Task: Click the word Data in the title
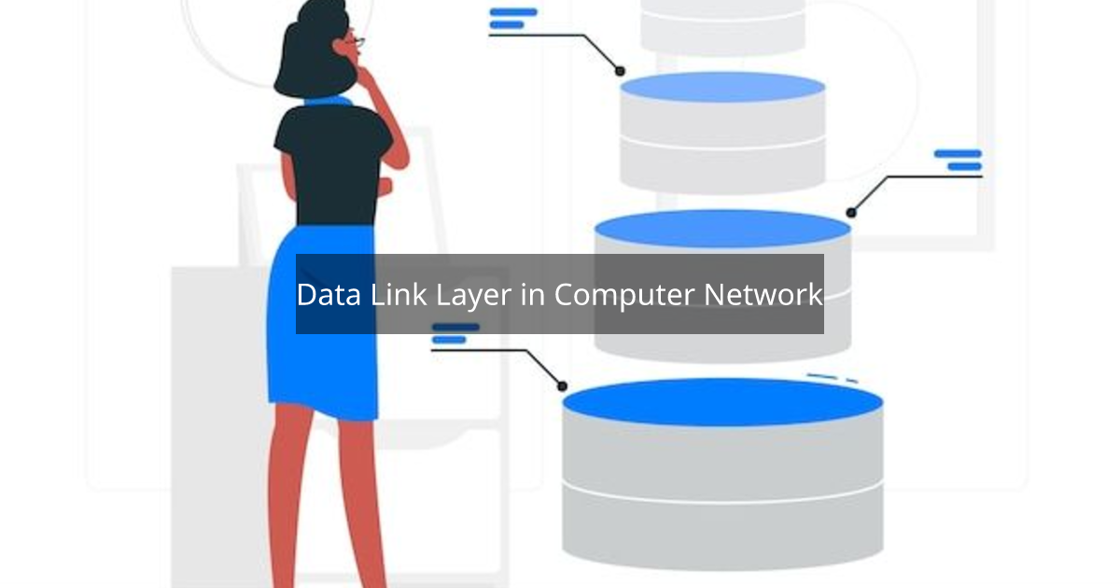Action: [328, 295]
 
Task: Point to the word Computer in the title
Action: [624, 295]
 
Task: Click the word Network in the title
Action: [763, 295]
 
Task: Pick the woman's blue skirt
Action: [322, 364]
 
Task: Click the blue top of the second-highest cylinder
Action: [721, 87]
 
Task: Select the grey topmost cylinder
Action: [721, 28]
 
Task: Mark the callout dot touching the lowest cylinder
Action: [562, 385]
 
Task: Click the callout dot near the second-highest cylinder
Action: [619, 70]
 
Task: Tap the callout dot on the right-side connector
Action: [850, 213]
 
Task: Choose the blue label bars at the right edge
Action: [959, 160]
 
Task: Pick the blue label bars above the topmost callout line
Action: [512, 18]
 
